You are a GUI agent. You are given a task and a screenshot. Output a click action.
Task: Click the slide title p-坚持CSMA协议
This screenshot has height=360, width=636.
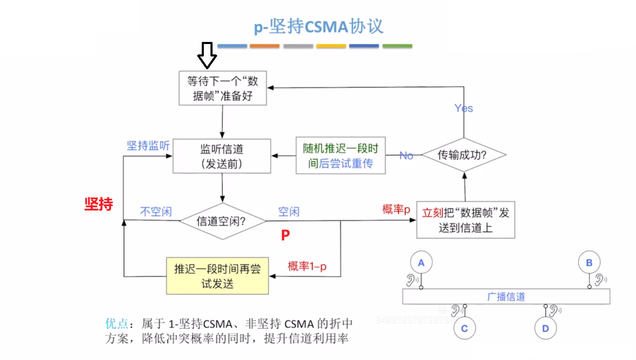click(318, 27)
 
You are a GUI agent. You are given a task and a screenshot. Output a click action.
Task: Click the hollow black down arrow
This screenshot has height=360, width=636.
click(207, 55)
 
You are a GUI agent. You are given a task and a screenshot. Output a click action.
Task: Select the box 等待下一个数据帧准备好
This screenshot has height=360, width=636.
click(223, 88)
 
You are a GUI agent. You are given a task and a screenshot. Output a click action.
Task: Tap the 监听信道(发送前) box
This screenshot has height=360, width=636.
click(222, 156)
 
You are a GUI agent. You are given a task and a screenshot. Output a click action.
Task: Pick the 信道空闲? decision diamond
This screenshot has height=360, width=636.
click(222, 221)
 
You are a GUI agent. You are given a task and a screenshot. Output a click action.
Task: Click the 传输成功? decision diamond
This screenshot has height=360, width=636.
click(463, 155)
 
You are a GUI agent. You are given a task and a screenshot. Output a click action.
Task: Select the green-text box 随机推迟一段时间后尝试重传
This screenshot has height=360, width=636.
click(340, 156)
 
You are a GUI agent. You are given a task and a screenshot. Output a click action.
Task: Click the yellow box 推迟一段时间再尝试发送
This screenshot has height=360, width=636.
click(217, 276)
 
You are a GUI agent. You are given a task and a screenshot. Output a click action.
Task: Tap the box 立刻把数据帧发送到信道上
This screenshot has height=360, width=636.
click(465, 220)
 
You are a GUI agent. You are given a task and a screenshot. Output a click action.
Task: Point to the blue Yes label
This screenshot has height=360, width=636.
click(463, 108)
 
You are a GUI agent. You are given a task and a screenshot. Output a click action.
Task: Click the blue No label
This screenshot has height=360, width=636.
click(406, 155)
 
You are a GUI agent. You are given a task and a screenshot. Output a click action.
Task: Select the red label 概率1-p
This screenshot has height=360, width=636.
click(307, 266)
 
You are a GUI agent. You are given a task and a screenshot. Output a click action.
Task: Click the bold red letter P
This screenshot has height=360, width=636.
click(285, 235)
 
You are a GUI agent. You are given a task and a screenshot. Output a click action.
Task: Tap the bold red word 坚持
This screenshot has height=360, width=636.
click(99, 204)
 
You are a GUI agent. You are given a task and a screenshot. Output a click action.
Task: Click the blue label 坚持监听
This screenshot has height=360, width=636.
click(148, 145)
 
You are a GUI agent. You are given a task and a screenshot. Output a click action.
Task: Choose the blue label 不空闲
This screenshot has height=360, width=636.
click(156, 212)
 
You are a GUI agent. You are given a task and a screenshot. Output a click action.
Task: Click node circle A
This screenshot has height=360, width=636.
click(421, 262)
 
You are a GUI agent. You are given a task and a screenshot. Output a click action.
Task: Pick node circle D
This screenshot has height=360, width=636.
click(545, 328)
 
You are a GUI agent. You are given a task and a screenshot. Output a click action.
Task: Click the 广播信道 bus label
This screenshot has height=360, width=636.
click(506, 296)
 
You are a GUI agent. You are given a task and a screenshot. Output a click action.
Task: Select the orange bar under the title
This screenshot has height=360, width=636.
click(264, 46)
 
